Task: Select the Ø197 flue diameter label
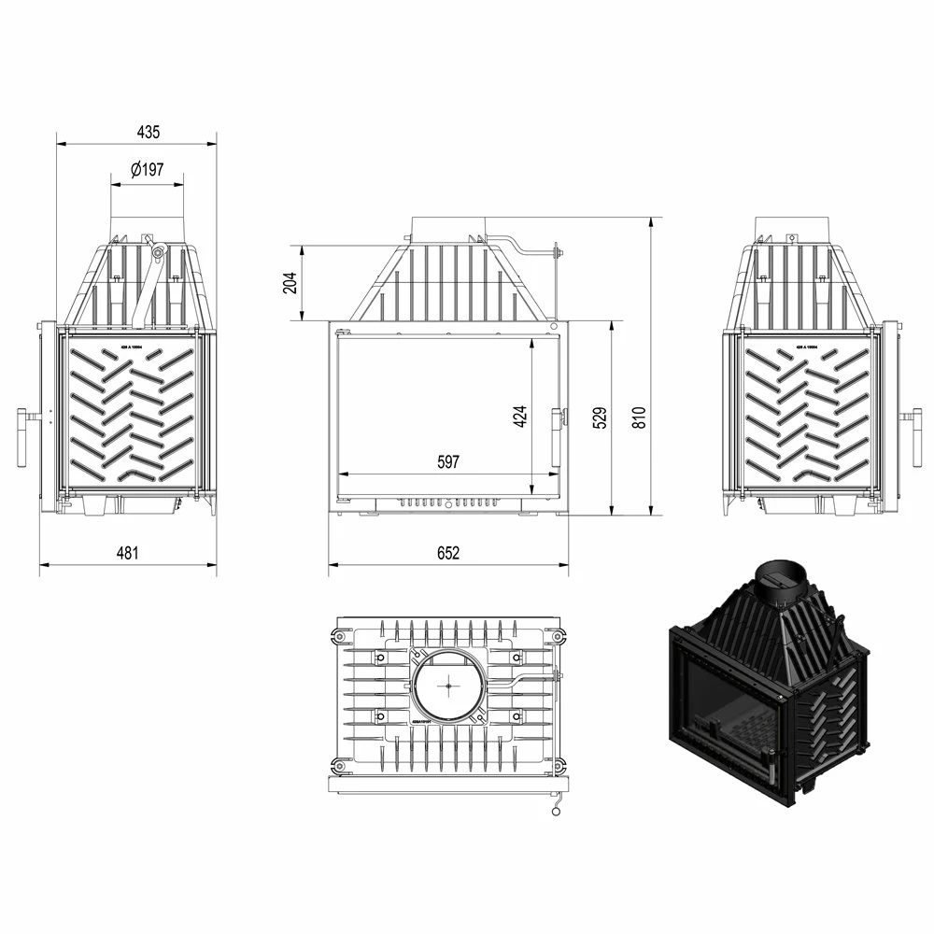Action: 148,170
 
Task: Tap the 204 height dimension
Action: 289,282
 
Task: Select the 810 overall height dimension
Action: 639,417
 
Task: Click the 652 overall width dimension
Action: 448,553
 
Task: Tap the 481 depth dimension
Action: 127,553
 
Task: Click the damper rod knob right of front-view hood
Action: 557,250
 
